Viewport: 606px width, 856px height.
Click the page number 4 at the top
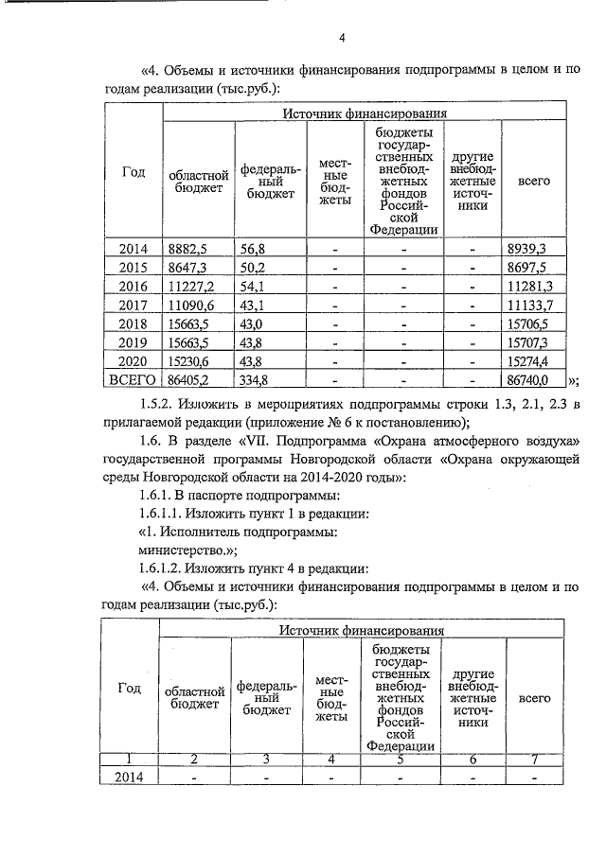pos(342,38)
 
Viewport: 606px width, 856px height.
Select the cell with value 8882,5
pos(187,249)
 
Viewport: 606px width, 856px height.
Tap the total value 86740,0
pos(530,381)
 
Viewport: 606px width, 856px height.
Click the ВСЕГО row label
pos(134,381)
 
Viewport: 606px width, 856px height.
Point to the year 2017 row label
pos(134,306)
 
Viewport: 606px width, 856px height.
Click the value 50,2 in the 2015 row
pos(254,268)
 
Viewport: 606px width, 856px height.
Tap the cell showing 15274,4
pos(530,362)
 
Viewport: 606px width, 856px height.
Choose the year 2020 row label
pos(134,362)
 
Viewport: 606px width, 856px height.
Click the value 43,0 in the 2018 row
pos(254,324)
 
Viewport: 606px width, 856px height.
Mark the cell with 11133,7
pos(530,306)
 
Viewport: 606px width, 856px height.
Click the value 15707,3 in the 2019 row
pos(530,343)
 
